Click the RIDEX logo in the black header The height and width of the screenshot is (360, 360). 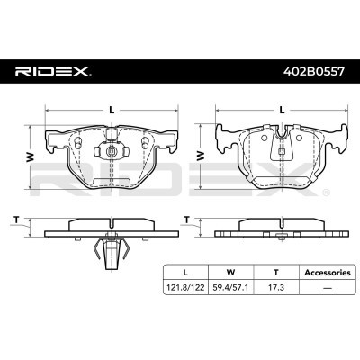tap(53, 72)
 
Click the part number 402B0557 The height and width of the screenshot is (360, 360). tap(314, 72)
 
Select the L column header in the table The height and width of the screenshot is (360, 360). tap(185, 273)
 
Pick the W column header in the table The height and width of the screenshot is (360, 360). tap(230, 273)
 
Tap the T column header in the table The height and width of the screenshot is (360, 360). tap(276, 273)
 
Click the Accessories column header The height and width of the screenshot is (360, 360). tap(328, 273)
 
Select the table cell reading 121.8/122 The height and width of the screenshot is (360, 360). tap(185, 288)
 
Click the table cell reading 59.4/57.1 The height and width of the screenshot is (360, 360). tap(230, 288)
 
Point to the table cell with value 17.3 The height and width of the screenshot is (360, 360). tap(276, 288)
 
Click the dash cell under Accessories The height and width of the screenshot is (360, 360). tap(328, 288)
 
